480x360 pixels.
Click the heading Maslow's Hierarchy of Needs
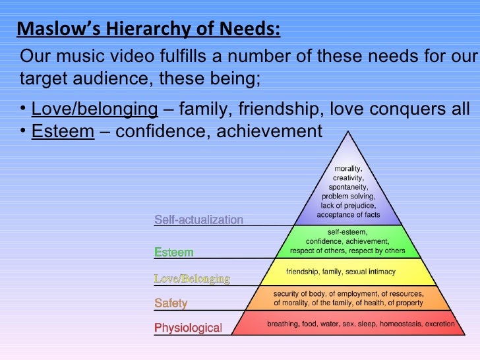pos(148,30)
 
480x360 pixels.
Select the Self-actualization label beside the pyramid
pos(198,220)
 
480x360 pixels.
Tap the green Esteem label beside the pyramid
pos(173,252)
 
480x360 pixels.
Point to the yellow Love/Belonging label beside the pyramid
pos(192,279)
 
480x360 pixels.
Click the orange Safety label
pos(171,303)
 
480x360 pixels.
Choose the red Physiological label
pos(188,328)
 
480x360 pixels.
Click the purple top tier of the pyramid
pos(347,191)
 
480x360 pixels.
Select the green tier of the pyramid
pos(347,241)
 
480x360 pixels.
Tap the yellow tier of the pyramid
pos(347,271)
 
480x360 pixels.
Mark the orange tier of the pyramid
pos(347,298)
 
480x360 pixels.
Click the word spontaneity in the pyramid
pos(348,187)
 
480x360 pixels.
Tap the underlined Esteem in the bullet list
pos(63,131)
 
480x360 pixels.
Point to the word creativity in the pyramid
pos(347,178)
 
